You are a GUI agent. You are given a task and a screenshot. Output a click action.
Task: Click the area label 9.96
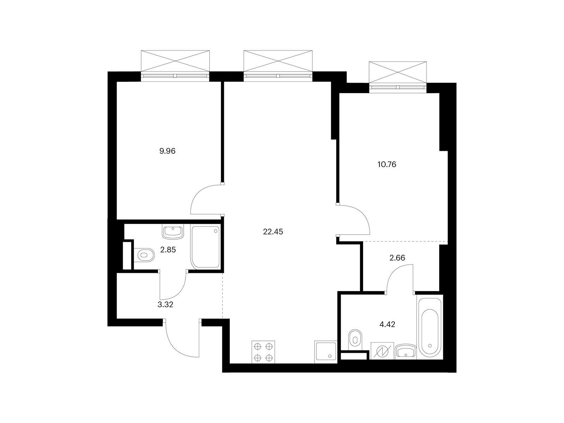167,151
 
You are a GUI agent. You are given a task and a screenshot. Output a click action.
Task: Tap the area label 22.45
273,232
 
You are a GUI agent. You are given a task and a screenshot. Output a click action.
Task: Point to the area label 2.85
168,250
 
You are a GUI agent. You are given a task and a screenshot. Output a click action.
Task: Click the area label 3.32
165,304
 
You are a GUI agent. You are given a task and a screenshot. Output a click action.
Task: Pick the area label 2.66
397,258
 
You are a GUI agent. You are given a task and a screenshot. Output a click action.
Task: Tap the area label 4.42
387,324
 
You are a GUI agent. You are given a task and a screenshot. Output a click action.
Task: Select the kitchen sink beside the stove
325,352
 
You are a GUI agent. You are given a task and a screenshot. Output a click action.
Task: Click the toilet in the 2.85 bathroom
145,255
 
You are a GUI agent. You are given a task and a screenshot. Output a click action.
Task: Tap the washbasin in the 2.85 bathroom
173,232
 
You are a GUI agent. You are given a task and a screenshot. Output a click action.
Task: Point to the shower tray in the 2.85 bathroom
205,247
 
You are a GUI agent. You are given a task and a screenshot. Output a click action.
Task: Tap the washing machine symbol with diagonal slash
382,351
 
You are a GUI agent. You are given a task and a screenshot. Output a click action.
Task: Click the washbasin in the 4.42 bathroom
405,351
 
